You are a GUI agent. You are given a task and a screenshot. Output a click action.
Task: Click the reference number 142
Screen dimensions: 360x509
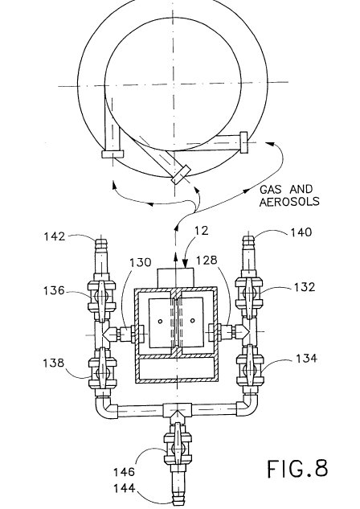pos(55,236)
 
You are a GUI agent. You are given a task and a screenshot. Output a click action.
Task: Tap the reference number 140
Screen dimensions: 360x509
pos(301,232)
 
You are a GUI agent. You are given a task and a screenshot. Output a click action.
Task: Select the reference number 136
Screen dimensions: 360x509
pos(54,290)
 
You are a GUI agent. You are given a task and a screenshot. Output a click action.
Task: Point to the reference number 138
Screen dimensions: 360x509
pos(54,363)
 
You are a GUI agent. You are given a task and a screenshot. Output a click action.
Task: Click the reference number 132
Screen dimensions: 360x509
pos(305,287)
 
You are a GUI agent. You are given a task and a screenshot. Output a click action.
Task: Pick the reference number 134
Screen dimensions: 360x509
pos(306,358)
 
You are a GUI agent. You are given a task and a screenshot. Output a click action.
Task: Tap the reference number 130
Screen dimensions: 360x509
pos(141,262)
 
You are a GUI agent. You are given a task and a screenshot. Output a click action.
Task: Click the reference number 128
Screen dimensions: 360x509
pos(207,260)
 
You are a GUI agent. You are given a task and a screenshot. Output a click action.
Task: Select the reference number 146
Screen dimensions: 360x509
pos(124,472)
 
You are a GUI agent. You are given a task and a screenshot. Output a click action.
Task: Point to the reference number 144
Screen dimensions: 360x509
pos(125,488)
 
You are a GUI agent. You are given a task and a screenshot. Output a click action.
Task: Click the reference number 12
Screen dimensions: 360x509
pos(202,231)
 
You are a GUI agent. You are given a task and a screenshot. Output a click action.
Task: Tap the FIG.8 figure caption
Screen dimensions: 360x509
pos(297,469)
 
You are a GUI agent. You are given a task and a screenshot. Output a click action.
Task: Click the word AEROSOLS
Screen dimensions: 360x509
pos(289,202)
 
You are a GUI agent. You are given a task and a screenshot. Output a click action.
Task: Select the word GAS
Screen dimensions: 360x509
pos(271,189)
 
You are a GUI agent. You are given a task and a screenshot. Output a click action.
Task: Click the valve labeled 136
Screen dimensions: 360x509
pos(102,296)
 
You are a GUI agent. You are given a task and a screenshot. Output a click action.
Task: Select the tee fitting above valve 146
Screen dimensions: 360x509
pos(177,411)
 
